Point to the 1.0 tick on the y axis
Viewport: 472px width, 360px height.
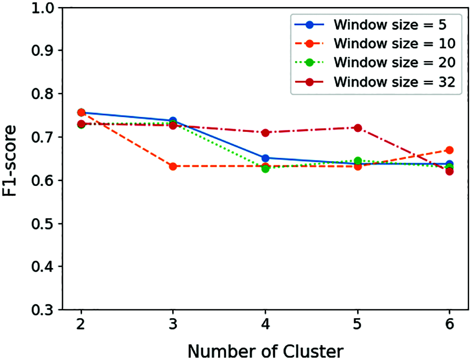(x=41, y=8)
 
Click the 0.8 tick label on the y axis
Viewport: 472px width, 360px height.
(x=41, y=94)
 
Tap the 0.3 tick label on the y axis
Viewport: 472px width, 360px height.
(x=41, y=310)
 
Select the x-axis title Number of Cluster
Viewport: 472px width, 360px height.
(x=265, y=350)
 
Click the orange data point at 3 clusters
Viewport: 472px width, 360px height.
(x=173, y=166)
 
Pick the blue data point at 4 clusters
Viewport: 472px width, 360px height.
(x=266, y=158)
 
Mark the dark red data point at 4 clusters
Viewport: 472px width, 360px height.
(x=266, y=132)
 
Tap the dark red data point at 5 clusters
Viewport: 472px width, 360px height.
(x=358, y=128)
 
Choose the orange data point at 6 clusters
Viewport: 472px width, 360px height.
(x=449, y=150)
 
